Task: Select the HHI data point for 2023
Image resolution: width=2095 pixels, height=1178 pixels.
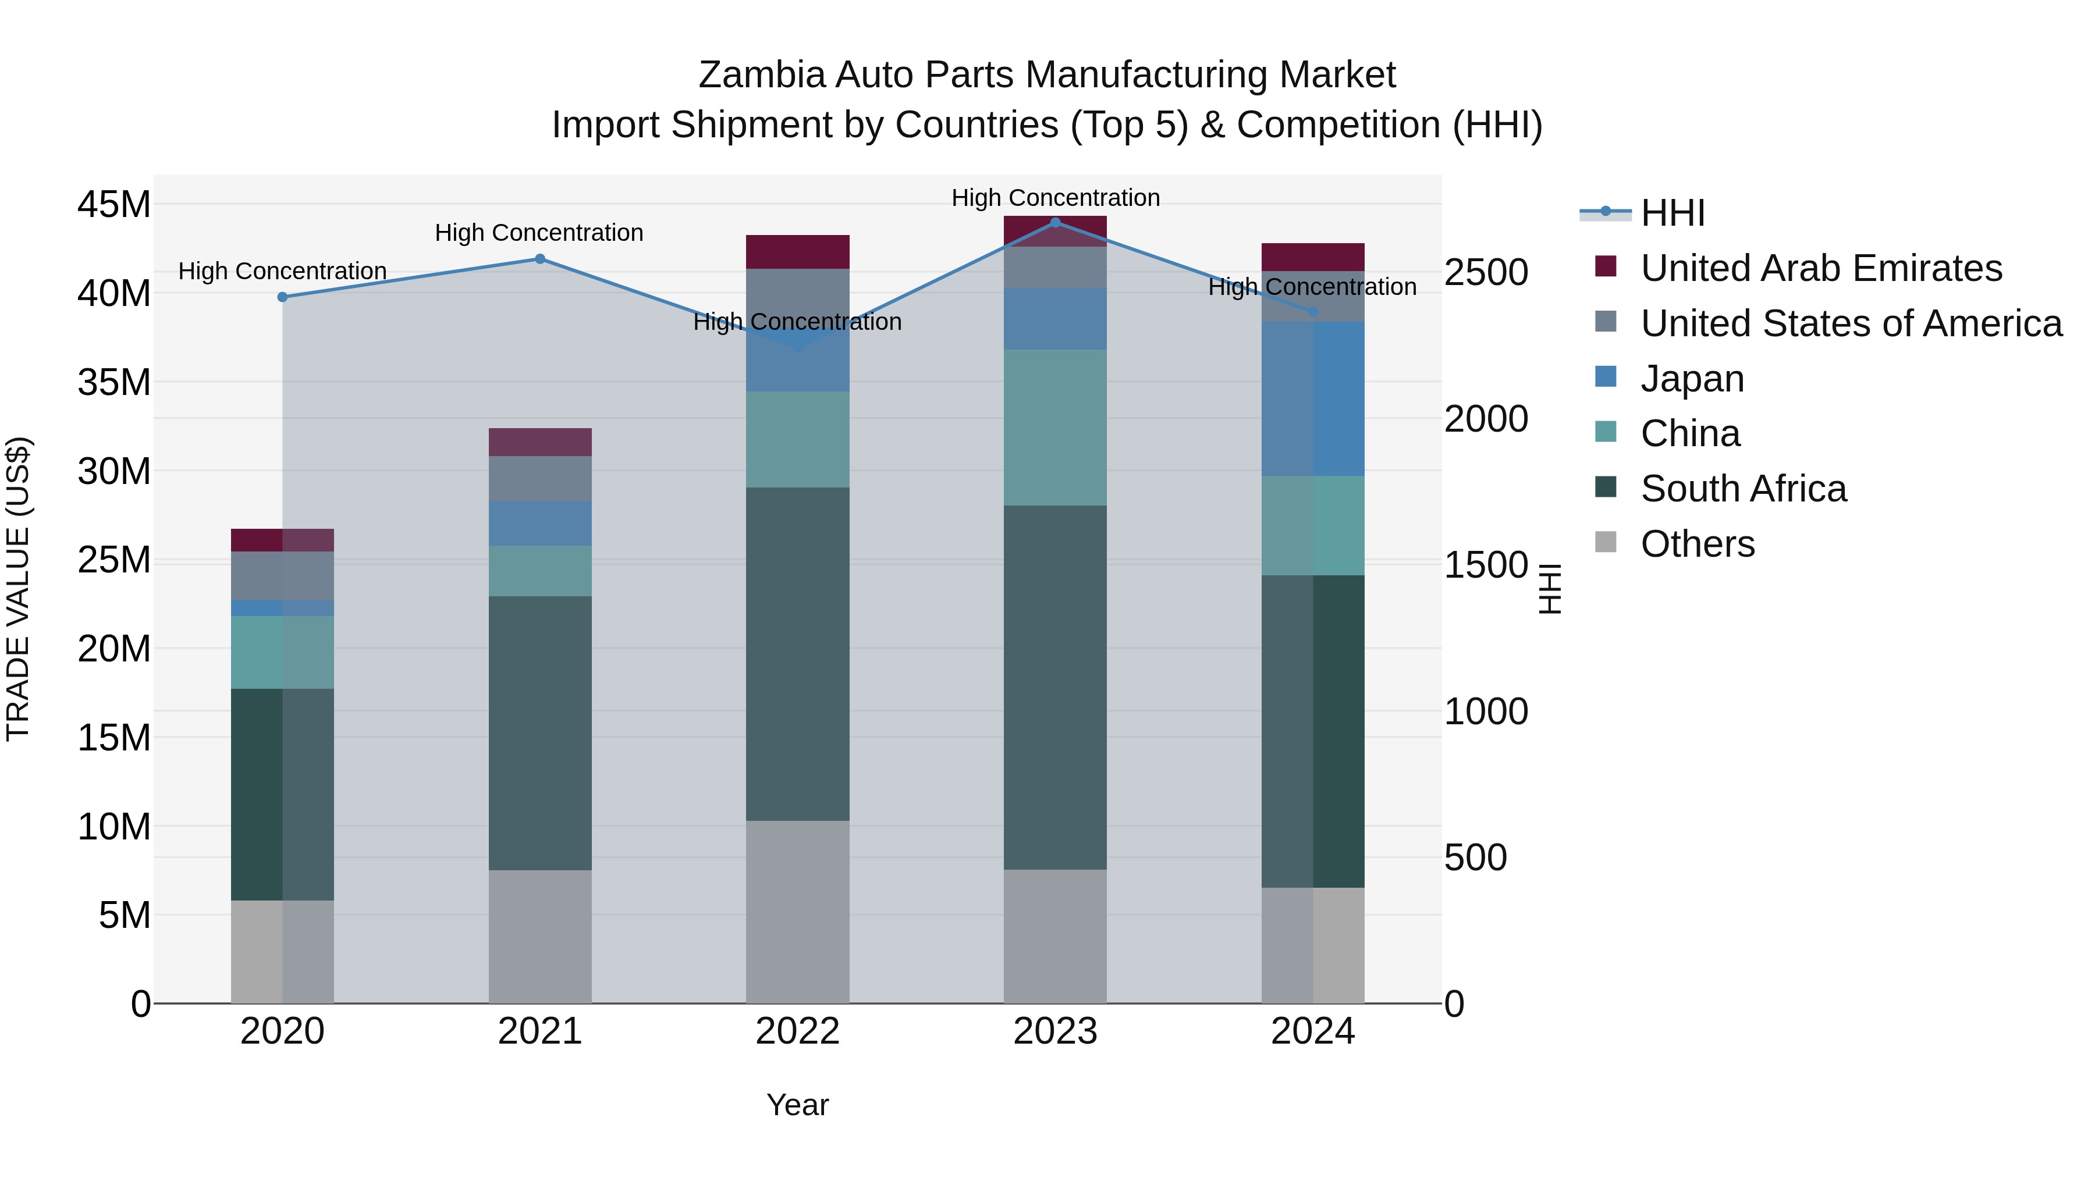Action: pyautogui.click(x=1055, y=223)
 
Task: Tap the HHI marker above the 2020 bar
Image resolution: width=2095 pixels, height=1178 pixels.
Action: pyautogui.click(x=282, y=297)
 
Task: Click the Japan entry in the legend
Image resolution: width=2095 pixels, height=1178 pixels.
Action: pyautogui.click(x=1692, y=379)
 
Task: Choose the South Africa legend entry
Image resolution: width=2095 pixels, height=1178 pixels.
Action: pyautogui.click(x=1743, y=489)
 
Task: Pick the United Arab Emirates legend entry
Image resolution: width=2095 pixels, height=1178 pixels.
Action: pyautogui.click(x=1821, y=268)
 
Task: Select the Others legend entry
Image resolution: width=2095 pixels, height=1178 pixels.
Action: pyautogui.click(x=1698, y=544)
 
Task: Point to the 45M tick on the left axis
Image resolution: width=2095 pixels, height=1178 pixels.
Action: pyautogui.click(x=114, y=204)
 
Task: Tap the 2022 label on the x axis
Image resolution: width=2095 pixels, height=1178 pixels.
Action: pyautogui.click(x=797, y=1031)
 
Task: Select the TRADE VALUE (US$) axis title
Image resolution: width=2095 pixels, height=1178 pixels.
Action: pyautogui.click(x=18, y=589)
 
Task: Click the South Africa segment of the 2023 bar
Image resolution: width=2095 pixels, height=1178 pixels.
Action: pyautogui.click(x=1055, y=687)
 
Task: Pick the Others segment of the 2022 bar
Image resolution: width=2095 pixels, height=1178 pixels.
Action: pyautogui.click(x=797, y=912)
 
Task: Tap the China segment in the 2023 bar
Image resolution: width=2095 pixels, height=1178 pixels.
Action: pyautogui.click(x=1055, y=428)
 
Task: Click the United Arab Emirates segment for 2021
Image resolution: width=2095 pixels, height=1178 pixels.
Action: pyautogui.click(x=540, y=442)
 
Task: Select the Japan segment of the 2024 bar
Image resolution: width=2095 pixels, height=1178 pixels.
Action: pyautogui.click(x=1313, y=398)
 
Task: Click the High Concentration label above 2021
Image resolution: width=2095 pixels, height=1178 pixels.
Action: pyautogui.click(x=539, y=233)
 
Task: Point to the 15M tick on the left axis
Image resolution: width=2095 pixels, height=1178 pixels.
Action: pyautogui.click(x=114, y=738)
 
